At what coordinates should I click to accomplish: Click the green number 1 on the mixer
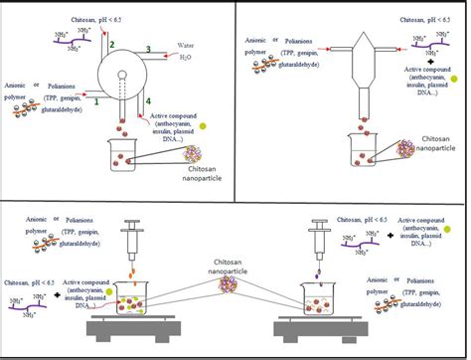point(97,100)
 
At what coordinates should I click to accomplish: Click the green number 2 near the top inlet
point(112,44)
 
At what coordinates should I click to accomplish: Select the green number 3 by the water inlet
point(147,49)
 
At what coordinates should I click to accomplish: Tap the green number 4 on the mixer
point(149,101)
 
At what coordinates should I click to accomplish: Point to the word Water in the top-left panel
point(187,46)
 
